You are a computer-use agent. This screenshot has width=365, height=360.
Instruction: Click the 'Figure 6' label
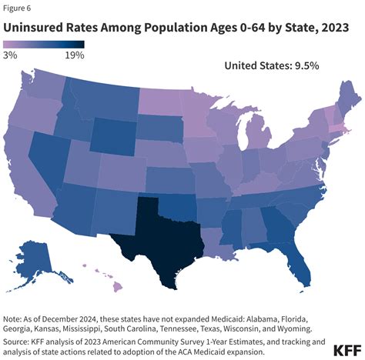pos(17,8)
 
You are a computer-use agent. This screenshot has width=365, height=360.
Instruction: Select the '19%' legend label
pos(75,55)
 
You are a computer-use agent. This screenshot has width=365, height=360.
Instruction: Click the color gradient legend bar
pos(43,45)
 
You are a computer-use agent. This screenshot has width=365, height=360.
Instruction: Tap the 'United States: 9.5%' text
pos(270,66)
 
